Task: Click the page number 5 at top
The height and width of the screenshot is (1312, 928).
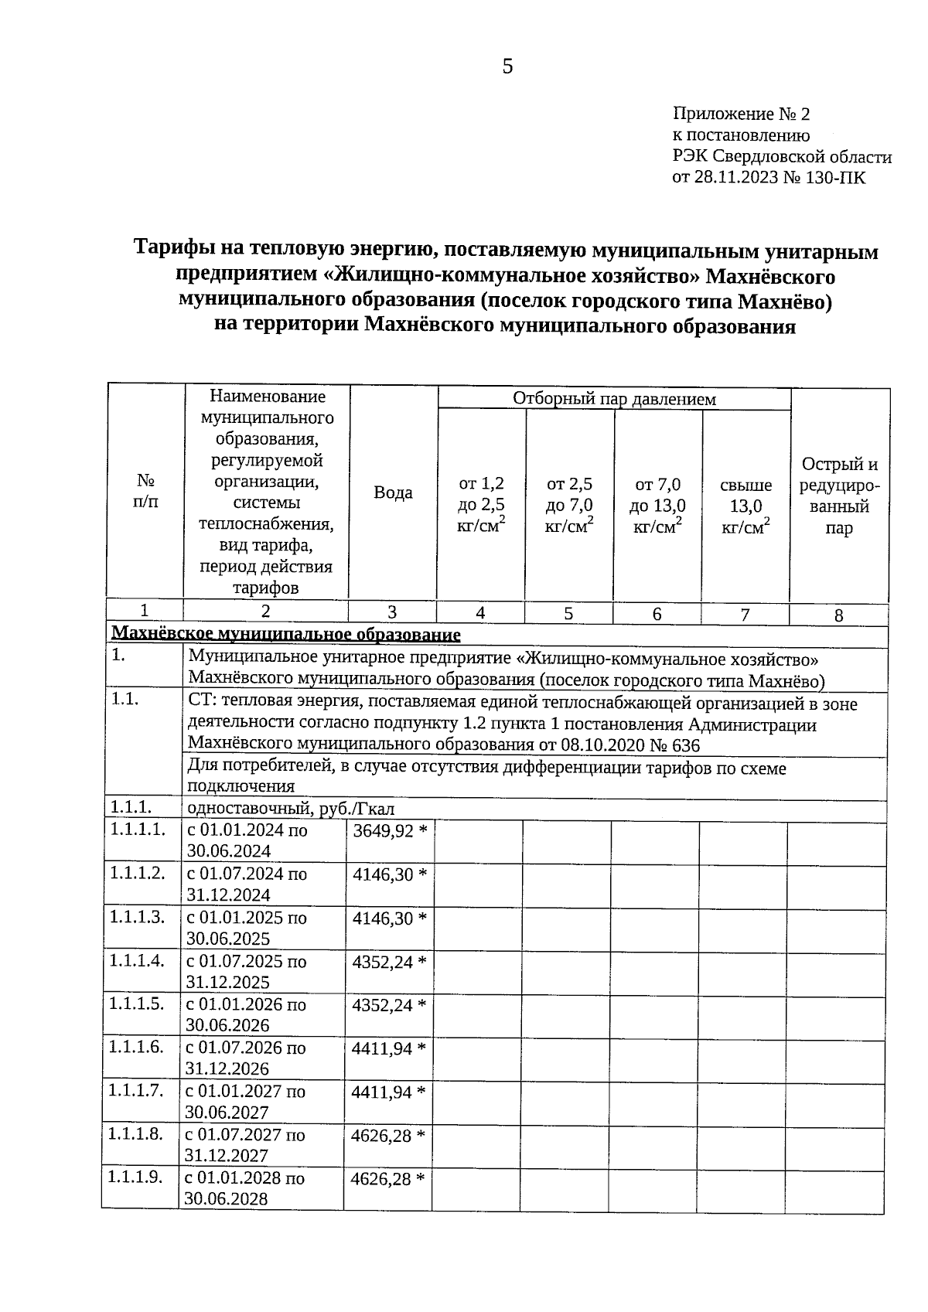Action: point(507,67)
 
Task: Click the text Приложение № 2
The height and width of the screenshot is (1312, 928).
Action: point(741,114)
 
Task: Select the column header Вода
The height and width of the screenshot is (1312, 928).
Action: point(393,492)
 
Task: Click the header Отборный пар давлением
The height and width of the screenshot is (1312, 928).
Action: point(614,399)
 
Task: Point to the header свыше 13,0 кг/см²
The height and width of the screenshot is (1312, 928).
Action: point(745,506)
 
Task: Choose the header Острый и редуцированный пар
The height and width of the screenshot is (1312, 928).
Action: point(839,496)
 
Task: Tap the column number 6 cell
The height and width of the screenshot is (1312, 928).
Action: point(657,614)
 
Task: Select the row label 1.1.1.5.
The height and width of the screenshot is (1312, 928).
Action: point(137,1004)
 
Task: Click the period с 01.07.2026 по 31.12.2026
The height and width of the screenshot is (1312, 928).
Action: point(244,1058)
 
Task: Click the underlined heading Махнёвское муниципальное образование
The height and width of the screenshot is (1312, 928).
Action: point(286,635)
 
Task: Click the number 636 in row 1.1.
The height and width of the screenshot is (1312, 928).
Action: point(684,746)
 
